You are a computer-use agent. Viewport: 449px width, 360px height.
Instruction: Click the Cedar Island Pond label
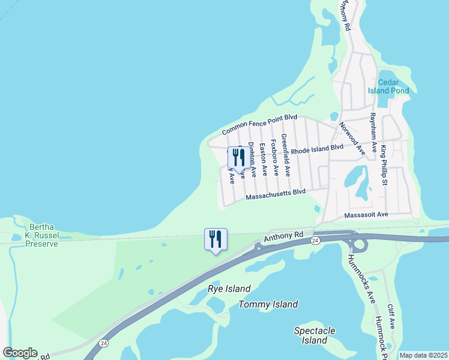[393, 86]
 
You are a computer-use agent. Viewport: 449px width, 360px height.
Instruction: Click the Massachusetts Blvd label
[276, 194]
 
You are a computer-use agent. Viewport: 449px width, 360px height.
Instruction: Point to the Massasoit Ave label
[366, 215]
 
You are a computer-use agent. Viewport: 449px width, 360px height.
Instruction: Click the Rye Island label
[229, 289]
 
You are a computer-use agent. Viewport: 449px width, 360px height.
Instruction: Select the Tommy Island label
[268, 304]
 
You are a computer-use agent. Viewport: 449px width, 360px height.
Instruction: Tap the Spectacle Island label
[315, 335]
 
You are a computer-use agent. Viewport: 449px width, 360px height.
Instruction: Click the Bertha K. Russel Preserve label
[44, 235]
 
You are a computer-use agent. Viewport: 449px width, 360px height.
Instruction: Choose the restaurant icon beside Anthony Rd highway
[215, 239]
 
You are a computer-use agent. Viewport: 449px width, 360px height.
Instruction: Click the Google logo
[20, 353]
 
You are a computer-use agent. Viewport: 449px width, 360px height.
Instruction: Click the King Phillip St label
[384, 164]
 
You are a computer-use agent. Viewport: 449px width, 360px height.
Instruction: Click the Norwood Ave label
[352, 138]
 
